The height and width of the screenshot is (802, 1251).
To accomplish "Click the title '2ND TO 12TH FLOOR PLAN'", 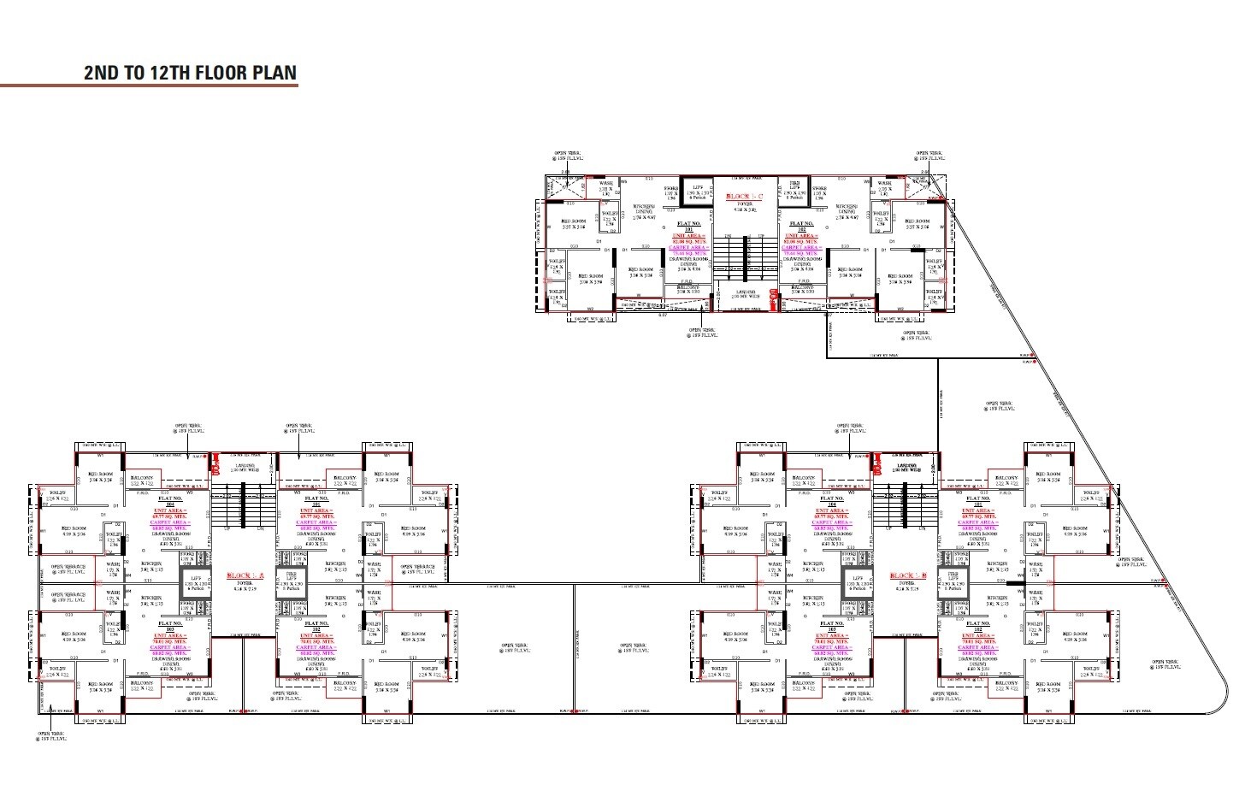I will tap(190, 72).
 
